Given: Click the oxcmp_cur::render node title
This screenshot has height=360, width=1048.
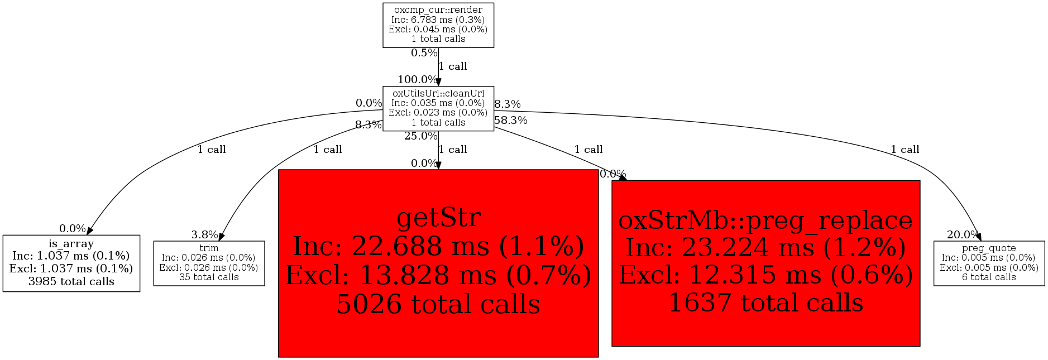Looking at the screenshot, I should pos(438,10).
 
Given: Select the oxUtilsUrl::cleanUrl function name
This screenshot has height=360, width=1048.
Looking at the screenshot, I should pos(438,93).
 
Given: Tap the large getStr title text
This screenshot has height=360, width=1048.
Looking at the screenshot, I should pos(438,217).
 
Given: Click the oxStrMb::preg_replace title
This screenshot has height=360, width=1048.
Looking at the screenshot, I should pos(765,220).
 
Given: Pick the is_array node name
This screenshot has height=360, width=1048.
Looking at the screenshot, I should pos(71,244).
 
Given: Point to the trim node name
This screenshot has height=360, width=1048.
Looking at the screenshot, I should pos(209,248).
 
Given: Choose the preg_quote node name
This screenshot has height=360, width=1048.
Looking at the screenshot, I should pos(989,248).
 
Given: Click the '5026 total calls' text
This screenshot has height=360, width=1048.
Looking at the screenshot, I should pos(438,304).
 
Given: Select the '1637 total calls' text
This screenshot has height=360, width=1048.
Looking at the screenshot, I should pos(765,303).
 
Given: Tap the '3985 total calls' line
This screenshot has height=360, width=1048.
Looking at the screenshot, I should pos(71,281).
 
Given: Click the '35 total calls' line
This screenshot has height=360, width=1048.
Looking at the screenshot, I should pos(209,277).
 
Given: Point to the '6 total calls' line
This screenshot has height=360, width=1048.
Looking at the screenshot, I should pos(989,277).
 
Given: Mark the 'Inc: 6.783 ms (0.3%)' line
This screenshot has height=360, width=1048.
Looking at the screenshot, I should pos(438,20).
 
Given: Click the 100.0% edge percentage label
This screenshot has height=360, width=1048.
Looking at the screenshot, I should pos(417,80).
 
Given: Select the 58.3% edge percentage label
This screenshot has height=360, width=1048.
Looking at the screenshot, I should pos(510,120).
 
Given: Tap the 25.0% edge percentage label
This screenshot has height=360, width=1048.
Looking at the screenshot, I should pos(420,136).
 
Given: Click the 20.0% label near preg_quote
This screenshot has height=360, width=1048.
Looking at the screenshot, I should pos(963,234).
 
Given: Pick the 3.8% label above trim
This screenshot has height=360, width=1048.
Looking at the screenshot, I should pos(204,234).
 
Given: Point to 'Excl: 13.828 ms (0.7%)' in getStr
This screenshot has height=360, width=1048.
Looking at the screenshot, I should pos(438,275).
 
